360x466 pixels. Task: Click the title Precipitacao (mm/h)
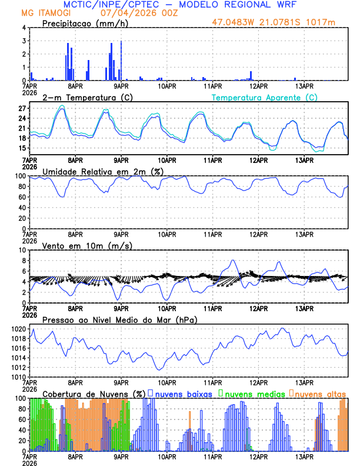pos(83,23)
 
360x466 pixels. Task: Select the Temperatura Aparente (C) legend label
pos(265,97)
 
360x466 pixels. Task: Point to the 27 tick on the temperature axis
pos(21,109)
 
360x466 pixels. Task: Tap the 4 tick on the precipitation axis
pos(24,28)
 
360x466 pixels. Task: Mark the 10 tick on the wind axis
pos(21,250)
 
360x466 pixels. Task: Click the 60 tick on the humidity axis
pos(21,197)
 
